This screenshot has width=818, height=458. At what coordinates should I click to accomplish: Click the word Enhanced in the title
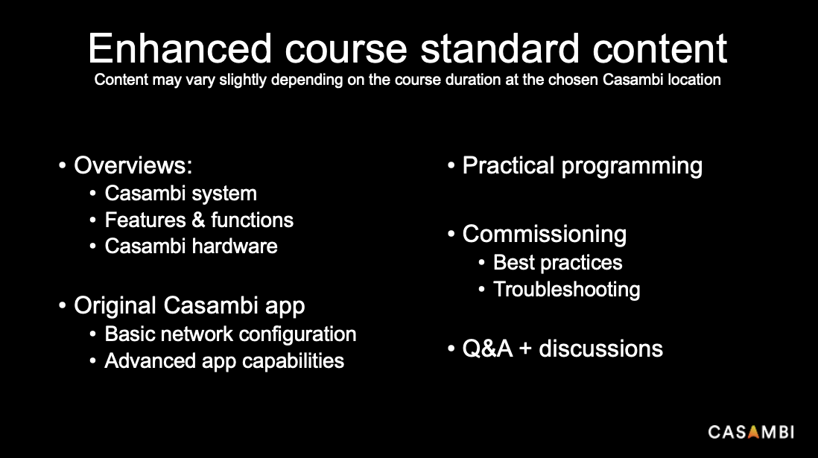pyautogui.click(x=180, y=48)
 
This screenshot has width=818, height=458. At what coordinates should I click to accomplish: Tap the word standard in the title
pyautogui.click(x=500, y=48)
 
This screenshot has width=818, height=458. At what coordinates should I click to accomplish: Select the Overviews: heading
pyautogui.click(x=133, y=165)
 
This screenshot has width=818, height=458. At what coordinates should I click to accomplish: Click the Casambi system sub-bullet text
pyautogui.click(x=180, y=194)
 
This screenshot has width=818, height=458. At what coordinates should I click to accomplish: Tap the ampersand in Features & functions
pyautogui.click(x=198, y=220)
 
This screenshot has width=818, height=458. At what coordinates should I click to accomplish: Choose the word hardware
pyautogui.click(x=234, y=247)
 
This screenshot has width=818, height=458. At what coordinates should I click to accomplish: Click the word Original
pyautogui.click(x=115, y=306)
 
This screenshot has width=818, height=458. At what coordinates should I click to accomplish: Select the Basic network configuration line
pyautogui.click(x=231, y=334)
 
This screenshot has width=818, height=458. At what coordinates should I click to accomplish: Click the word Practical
pyautogui.click(x=508, y=165)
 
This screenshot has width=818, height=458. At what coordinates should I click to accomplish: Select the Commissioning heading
pyautogui.click(x=544, y=235)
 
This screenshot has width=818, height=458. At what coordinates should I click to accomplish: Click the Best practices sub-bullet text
pyautogui.click(x=558, y=263)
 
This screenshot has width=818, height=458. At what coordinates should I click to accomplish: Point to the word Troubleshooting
pyautogui.click(x=566, y=290)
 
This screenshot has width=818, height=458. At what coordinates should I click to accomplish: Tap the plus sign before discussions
pyautogui.click(x=525, y=349)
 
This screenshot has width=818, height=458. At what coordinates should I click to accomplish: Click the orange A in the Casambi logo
pyautogui.click(x=752, y=432)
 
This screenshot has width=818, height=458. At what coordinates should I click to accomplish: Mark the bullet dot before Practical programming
pyautogui.click(x=451, y=166)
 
